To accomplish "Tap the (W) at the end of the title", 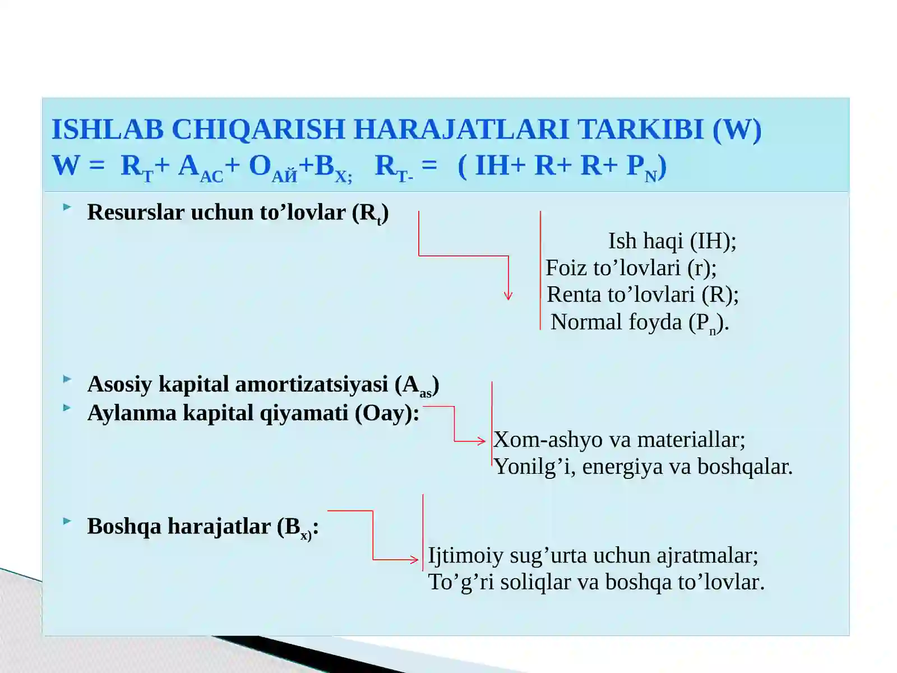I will (737, 130).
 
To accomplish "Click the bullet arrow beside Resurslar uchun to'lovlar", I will (67, 208).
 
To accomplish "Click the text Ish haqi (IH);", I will (672, 241).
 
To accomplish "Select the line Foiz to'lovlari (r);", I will (631, 268).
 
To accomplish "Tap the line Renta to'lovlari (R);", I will (642, 295).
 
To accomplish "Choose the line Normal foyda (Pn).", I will (639, 322).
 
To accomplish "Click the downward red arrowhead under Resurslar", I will (508, 296).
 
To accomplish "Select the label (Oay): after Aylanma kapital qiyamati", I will (387, 413).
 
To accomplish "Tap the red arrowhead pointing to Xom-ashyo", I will (481, 441).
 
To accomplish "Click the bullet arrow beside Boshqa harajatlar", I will (67, 522).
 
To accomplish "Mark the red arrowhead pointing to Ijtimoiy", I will (414, 560).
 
